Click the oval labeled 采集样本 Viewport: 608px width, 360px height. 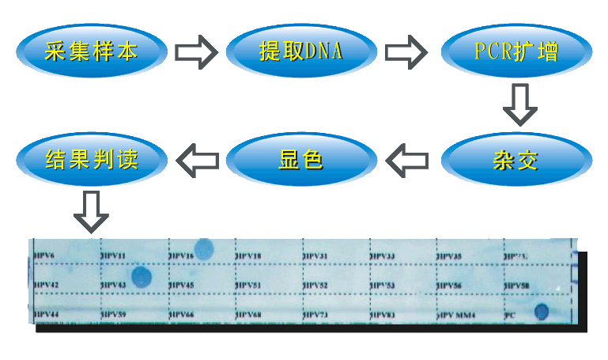tap(92, 52)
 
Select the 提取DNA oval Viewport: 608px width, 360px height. tap(300, 52)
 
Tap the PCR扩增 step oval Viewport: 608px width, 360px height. tap(515, 52)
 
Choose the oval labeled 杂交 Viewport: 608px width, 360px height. tap(515, 161)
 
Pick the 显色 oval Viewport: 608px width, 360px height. tap(300, 161)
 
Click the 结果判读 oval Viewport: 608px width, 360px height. tap(92, 161)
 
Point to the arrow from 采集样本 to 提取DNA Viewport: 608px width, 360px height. tap(195, 52)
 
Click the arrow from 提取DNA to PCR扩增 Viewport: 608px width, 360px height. tap(406, 52)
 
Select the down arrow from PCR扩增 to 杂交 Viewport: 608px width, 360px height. tap(520, 104)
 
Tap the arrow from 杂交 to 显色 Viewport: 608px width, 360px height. tap(406, 161)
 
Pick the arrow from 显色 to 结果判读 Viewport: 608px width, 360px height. tap(196, 161)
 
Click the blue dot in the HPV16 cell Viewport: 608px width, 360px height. tap(205, 250)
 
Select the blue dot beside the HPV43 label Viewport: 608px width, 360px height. tap(142, 277)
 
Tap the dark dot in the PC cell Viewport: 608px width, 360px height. tap(542, 311)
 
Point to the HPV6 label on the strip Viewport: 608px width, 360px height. tap(45, 256)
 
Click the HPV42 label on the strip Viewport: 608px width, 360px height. tap(47, 284)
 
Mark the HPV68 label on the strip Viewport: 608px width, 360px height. tap(250, 315)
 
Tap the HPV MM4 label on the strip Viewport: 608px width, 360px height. tap(456, 315)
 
